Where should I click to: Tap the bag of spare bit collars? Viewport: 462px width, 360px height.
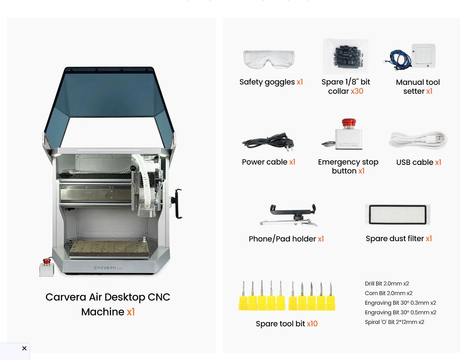coord(346,56)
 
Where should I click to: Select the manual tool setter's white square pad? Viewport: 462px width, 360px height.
coord(423,55)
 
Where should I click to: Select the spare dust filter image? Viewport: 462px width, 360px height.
coord(397,214)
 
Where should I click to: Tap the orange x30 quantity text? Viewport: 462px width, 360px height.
coord(357,91)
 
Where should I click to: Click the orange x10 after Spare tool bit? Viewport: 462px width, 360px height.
coord(312,324)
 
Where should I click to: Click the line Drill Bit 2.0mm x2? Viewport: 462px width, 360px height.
coord(387,284)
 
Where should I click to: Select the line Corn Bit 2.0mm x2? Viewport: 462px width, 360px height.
coord(388,293)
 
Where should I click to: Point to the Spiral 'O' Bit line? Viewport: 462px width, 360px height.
coord(394,322)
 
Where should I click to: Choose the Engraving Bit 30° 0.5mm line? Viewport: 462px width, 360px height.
coord(400,313)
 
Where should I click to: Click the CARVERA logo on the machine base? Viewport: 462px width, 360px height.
coord(108,268)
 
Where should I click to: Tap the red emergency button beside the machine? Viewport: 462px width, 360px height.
coord(47,262)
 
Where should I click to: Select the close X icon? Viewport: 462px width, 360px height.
coord(24,348)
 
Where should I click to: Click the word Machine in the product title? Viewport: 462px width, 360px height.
coord(103,312)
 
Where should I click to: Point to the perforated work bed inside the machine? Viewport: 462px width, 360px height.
coord(109,248)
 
